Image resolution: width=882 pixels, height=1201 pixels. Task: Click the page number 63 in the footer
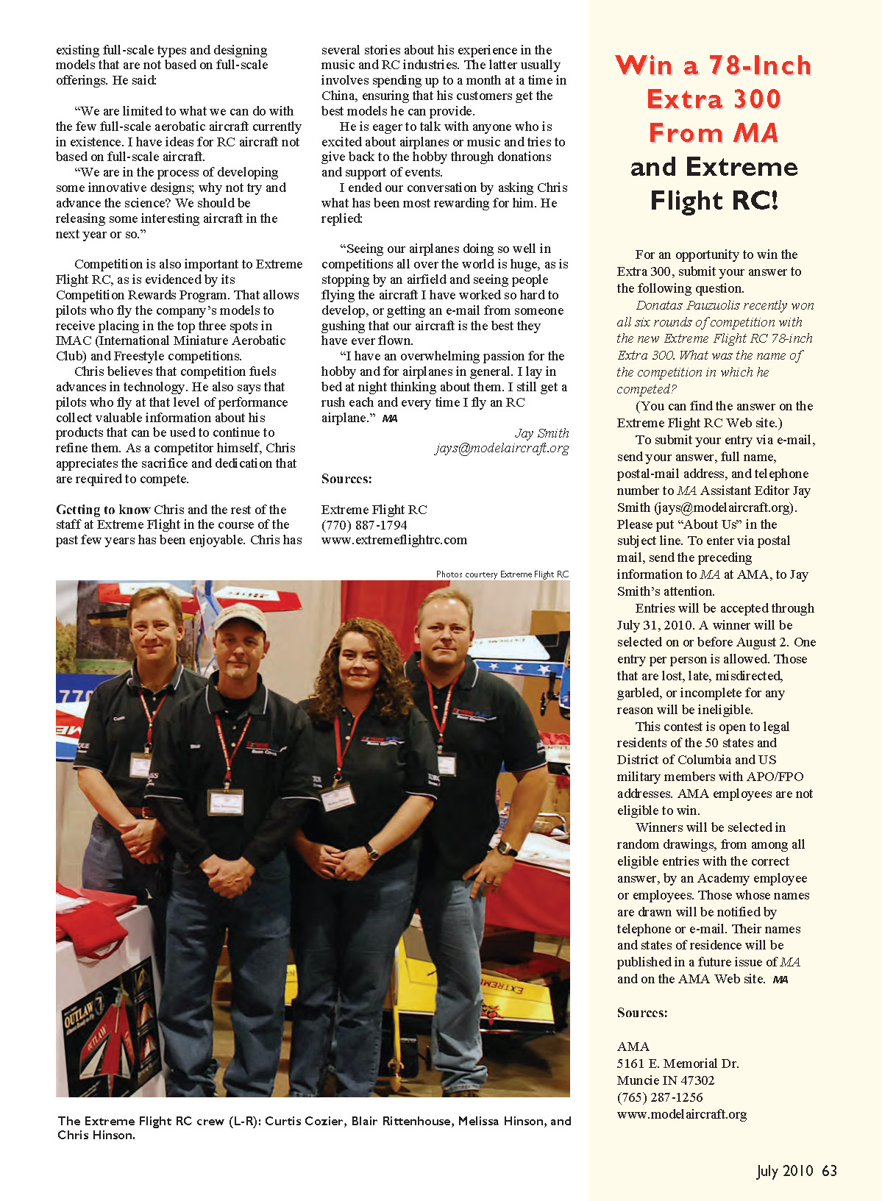pos(829,1171)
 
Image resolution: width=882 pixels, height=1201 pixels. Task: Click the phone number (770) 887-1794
pos(364,525)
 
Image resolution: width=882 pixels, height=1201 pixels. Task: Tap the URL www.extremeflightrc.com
pos(394,540)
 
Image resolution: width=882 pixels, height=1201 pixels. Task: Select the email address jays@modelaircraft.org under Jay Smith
pos(502,448)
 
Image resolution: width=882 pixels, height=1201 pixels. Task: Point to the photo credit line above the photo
pos(502,574)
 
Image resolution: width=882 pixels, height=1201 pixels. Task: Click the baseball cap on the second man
pos(240,617)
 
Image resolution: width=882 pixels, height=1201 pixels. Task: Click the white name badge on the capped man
pos(225,799)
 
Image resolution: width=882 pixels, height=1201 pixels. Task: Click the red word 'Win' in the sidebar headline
pos(643,65)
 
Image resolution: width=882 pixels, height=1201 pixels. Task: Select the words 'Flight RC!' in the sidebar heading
pos(714,200)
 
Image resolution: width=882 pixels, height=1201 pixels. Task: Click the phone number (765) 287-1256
pos(660,1097)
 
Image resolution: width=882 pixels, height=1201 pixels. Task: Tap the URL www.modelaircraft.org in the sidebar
pos(681,1114)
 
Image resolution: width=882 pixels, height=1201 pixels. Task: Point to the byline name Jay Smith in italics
pos(541,433)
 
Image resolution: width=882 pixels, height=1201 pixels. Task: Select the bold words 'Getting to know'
pos(103,510)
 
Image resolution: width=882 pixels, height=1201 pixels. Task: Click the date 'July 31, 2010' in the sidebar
pos(655,625)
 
